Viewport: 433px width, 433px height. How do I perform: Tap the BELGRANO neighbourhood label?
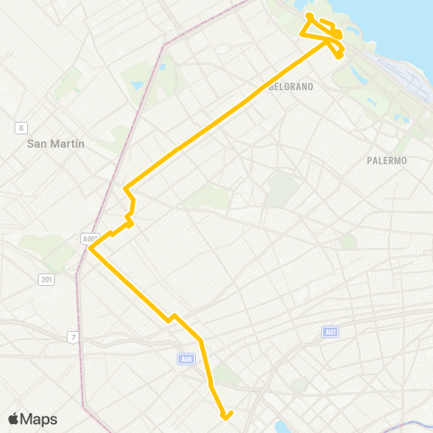point(290,87)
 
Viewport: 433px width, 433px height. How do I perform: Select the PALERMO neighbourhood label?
point(387,161)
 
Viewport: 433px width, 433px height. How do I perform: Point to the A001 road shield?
point(89,238)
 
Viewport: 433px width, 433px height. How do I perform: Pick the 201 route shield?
point(46,280)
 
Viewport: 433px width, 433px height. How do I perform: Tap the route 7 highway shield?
point(73,337)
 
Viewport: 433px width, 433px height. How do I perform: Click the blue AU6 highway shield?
point(186,359)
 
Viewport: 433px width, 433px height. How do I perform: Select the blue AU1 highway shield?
point(330,332)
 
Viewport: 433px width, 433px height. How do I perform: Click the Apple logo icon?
point(14,419)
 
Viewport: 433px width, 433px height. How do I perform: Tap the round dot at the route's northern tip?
point(309,16)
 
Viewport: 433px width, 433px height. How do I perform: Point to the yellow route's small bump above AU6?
point(172,317)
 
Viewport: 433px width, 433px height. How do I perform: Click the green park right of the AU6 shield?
point(229,374)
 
